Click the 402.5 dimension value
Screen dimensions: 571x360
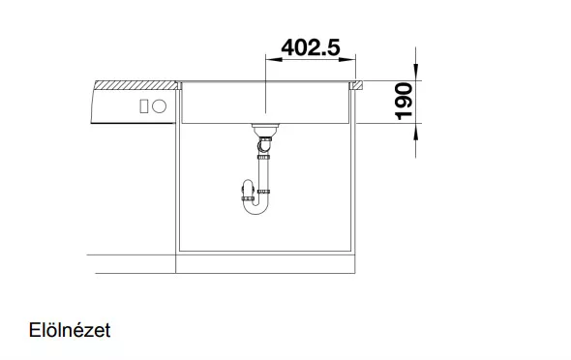coord(311,47)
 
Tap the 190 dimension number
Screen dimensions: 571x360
coord(404,102)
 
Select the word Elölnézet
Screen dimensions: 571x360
coord(70,330)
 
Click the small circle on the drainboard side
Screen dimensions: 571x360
coord(159,106)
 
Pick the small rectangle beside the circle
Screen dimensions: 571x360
coord(144,106)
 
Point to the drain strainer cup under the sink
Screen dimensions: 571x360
coord(265,130)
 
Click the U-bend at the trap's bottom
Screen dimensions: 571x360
coord(255,208)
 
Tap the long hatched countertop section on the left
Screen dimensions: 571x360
coord(135,85)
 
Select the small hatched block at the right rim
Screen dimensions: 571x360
coord(356,85)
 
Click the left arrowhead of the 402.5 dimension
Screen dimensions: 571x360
coord(274,59)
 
